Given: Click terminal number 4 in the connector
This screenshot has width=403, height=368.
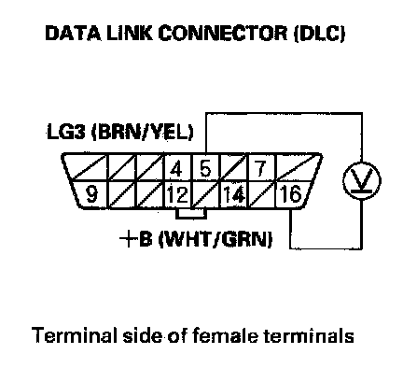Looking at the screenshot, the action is [x=176, y=168].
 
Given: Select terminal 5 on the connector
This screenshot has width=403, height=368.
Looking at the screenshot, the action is [x=205, y=168].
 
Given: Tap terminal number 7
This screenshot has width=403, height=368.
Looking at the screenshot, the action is [x=260, y=168].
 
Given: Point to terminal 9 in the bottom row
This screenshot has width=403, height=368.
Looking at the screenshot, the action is [x=91, y=194].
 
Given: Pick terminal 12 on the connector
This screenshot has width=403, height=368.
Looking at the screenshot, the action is [x=178, y=194].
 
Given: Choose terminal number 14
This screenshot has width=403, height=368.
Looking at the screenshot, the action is [x=234, y=194].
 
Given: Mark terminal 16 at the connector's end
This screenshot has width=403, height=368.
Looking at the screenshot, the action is [x=291, y=194].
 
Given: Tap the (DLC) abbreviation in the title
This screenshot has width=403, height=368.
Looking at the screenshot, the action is [x=319, y=34].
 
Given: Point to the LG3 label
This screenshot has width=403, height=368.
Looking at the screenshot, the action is [x=66, y=132].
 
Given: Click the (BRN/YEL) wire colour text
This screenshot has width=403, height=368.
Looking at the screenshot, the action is [x=142, y=133].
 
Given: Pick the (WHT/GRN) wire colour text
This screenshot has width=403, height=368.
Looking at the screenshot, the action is [x=215, y=240].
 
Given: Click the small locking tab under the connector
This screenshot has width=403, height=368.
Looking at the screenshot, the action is [x=191, y=214].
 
